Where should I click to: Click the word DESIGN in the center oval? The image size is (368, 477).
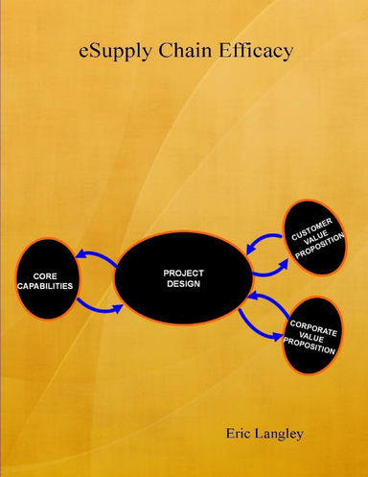(x=184, y=285)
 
